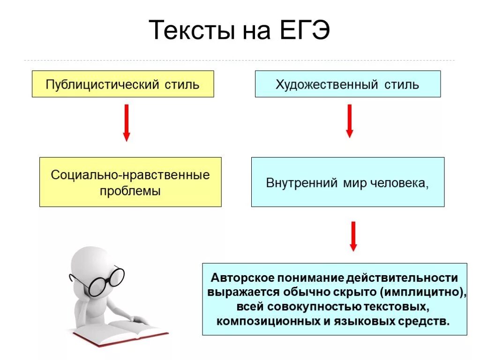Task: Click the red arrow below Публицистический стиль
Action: tap(126, 123)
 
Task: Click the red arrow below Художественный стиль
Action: tap(349, 120)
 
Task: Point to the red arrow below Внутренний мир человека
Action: tap(353, 236)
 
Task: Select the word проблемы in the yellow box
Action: tap(130, 191)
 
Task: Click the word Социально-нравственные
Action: tap(130, 175)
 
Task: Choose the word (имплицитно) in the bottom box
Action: tap(423, 292)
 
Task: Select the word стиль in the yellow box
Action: tap(182, 85)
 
